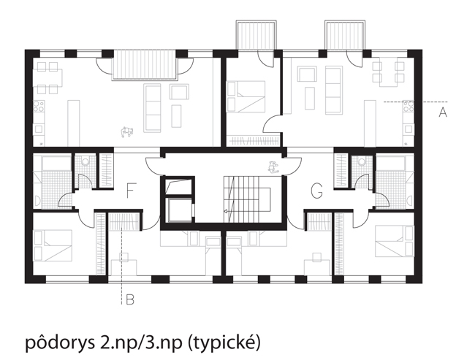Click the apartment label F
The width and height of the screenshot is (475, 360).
129,191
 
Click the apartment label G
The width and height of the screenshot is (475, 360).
317,191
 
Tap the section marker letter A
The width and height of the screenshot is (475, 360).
443,112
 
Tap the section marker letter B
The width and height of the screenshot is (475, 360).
130,299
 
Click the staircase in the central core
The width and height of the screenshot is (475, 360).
247,199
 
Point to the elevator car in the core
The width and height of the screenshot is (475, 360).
179,210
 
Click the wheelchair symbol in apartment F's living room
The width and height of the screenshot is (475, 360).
127,132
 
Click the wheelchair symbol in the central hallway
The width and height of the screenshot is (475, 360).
273,166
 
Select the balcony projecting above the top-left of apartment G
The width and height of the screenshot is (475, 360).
256,35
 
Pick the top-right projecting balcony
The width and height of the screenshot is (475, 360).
345,35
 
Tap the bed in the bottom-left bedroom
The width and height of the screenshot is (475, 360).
53,245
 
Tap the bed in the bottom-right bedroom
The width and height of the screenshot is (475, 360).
395,240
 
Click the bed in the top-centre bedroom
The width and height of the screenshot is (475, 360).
246,96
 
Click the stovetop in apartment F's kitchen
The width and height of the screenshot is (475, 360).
39,106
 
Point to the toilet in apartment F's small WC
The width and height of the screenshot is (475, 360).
85,161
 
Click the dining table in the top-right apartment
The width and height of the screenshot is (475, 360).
388,74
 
